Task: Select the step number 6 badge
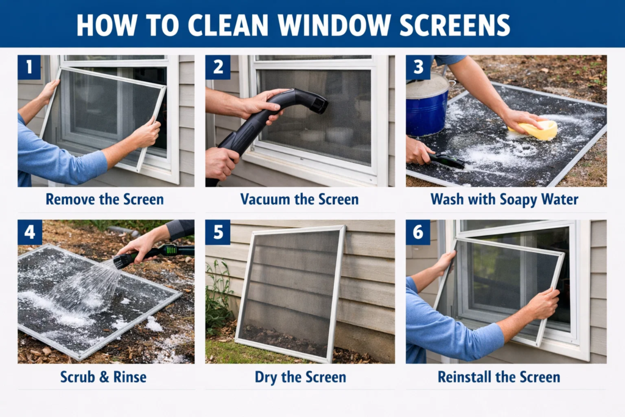coord(418,232)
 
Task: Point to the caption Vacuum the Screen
coord(299,200)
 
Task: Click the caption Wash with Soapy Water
coord(505,200)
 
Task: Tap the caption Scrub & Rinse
coord(103,377)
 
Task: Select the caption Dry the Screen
coord(299,377)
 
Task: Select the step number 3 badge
coord(418,67)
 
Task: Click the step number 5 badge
coord(217,232)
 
